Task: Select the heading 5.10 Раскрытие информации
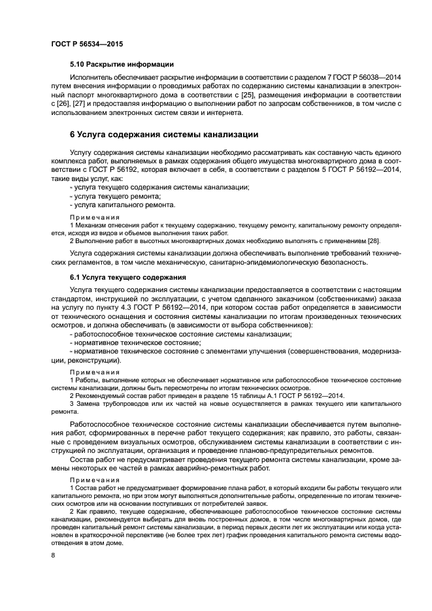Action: coord(121,64)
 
